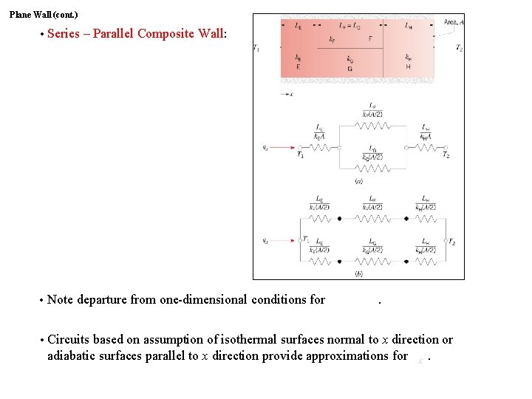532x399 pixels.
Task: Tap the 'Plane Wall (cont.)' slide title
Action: click(44, 14)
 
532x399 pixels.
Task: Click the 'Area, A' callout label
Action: click(454, 23)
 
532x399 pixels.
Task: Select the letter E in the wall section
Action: click(298, 66)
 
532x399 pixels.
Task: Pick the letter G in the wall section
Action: click(349, 69)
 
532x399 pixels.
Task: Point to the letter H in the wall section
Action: click(408, 66)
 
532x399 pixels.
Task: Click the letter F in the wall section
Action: click(370, 38)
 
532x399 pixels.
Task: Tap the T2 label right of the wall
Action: click(459, 48)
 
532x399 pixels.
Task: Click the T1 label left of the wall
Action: click(256, 48)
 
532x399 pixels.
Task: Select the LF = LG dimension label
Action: click(349, 26)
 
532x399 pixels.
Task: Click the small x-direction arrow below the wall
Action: click(287, 95)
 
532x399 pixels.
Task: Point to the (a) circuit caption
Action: click(358, 181)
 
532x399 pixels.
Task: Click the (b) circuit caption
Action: click(358, 273)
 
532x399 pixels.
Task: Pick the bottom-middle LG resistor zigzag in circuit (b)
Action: click(372, 262)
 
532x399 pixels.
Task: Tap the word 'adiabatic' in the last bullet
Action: click(74, 355)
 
